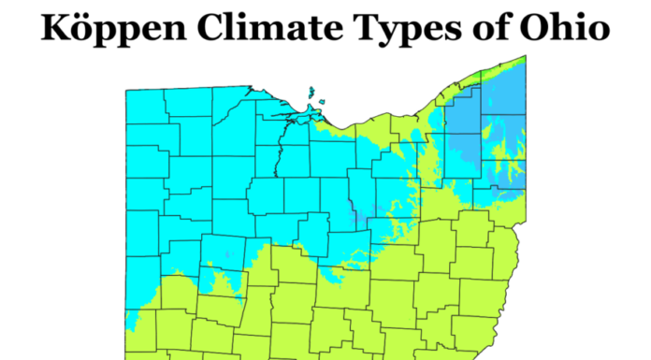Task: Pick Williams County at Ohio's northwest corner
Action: tap(147, 105)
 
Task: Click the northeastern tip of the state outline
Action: tap(525, 57)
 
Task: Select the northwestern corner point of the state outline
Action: tap(126, 90)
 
